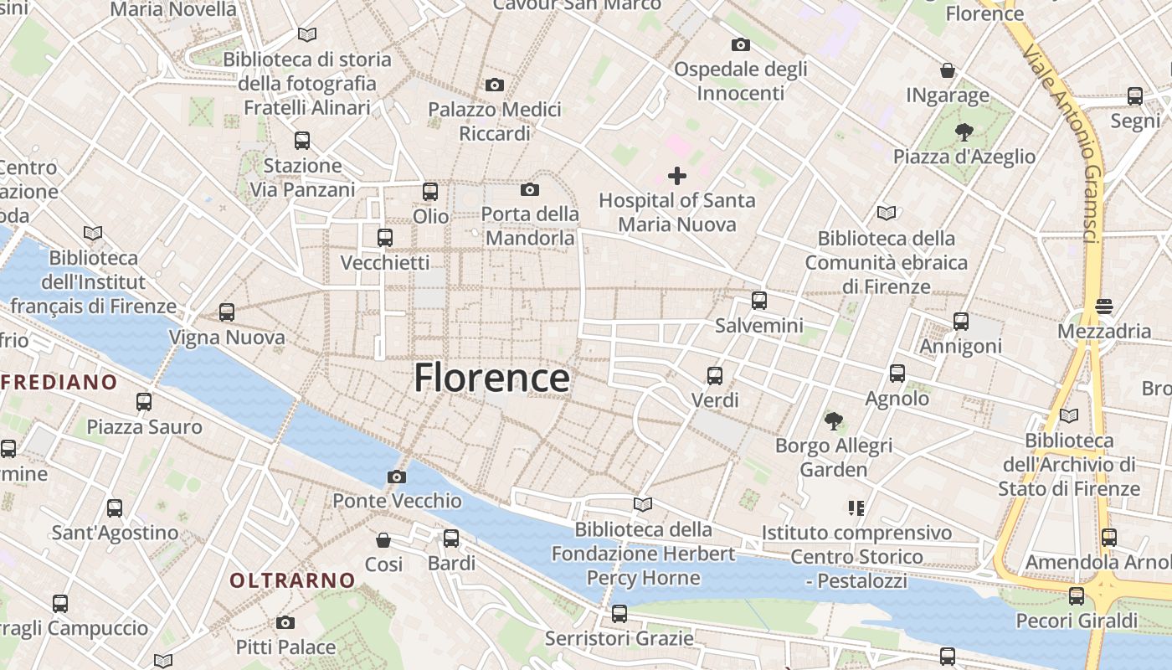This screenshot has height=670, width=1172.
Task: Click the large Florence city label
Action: coord(492,379)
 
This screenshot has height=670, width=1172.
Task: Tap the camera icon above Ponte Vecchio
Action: coord(397,477)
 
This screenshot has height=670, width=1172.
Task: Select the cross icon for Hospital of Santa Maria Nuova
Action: coord(677,176)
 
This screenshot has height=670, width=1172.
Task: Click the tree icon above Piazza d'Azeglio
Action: coord(964,131)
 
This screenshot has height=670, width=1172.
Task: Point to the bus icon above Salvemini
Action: coord(759,301)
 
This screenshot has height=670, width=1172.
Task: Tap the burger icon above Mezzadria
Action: coord(1104,307)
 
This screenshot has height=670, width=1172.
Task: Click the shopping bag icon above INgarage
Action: coord(948,70)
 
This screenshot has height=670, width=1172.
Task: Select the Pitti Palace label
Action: coord(285,647)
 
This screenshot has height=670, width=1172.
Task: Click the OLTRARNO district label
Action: coord(293,580)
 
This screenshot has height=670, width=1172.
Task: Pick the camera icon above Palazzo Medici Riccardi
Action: coord(495,85)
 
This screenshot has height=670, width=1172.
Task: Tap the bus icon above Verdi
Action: coord(714,376)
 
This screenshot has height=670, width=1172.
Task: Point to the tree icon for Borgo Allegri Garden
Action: coord(833,420)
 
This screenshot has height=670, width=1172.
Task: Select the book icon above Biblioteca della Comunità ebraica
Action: coord(886,214)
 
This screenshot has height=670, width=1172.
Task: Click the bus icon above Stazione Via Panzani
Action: coord(302,141)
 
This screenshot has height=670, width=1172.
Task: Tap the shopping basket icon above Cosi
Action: coord(383,540)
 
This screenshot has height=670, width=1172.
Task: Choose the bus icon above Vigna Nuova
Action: coord(227,312)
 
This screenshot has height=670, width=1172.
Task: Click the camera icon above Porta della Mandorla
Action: coord(530,190)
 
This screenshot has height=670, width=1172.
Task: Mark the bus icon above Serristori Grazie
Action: coord(619,614)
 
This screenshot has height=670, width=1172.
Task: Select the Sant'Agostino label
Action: coord(115,533)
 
